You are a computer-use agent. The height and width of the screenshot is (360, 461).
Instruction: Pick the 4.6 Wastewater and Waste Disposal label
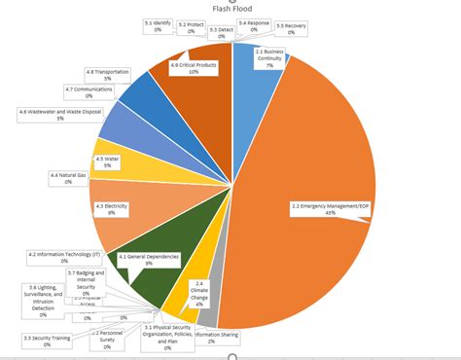coord(60,115)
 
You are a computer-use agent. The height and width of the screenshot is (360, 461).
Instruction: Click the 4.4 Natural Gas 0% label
coord(68,178)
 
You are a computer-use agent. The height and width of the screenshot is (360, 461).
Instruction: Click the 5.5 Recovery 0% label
coord(291,28)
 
